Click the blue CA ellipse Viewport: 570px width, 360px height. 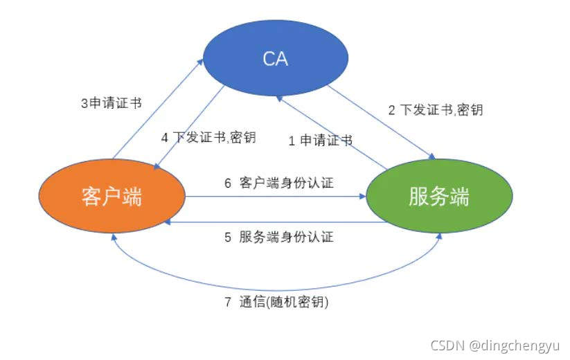(x=275, y=59)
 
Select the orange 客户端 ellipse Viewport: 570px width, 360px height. (x=112, y=197)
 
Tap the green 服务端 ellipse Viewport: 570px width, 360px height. (x=438, y=197)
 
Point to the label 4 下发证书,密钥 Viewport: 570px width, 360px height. (x=208, y=137)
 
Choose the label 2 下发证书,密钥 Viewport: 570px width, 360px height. (x=434, y=109)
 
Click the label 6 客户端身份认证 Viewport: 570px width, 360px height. (x=278, y=183)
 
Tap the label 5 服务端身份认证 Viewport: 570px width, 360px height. (x=278, y=237)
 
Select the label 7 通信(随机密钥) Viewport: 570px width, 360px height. (x=275, y=303)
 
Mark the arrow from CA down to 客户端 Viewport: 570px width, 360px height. (x=187, y=128)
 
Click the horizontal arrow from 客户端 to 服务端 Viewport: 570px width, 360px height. (x=277, y=197)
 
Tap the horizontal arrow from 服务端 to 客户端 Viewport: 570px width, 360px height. (x=277, y=223)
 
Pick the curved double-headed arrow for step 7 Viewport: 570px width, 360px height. (x=277, y=287)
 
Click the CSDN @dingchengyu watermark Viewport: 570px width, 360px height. (x=496, y=344)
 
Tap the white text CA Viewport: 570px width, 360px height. (x=275, y=59)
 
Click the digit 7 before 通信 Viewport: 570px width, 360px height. (x=227, y=303)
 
